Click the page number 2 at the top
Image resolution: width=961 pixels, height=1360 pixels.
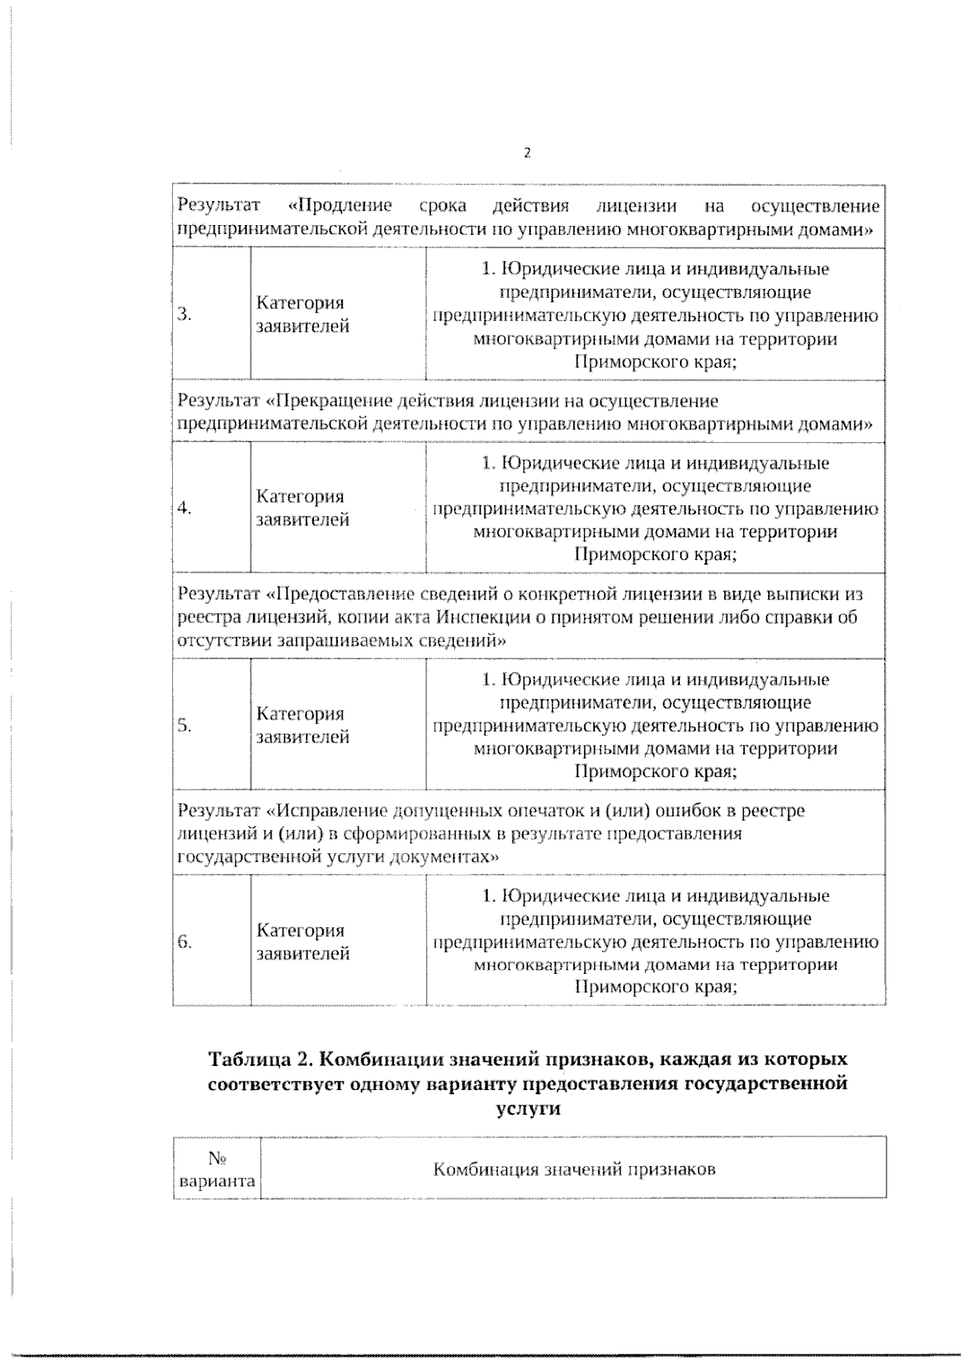click(x=527, y=153)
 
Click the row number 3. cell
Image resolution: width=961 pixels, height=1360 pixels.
click(x=184, y=314)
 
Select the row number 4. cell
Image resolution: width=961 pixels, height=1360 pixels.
click(x=184, y=508)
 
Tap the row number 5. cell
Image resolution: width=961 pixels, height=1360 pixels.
click(x=184, y=725)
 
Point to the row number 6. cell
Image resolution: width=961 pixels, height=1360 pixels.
click(x=184, y=941)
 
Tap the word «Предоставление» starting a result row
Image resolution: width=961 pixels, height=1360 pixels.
click(x=338, y=594)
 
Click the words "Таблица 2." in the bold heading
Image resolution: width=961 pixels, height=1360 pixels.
click(x=259, y=1060)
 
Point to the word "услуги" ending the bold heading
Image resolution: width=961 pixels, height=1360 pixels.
click(x=528, y=1109)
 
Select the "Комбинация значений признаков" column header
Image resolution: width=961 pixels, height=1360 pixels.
click(x=573, y=1169)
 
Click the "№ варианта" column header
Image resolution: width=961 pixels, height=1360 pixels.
click(x=216, y=1169)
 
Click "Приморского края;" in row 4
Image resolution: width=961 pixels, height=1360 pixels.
click(x=656, y=554)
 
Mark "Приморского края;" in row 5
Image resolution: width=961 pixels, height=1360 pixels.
click(x=656, y=771)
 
